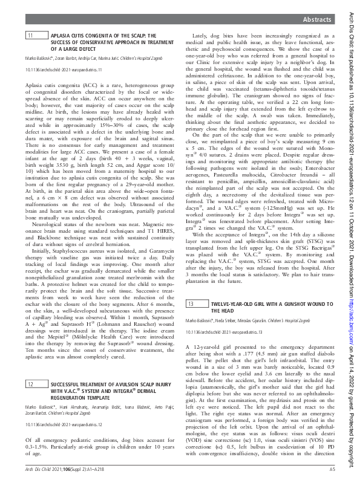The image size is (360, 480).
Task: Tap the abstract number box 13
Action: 191,303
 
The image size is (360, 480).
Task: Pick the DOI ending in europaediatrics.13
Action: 221,332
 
